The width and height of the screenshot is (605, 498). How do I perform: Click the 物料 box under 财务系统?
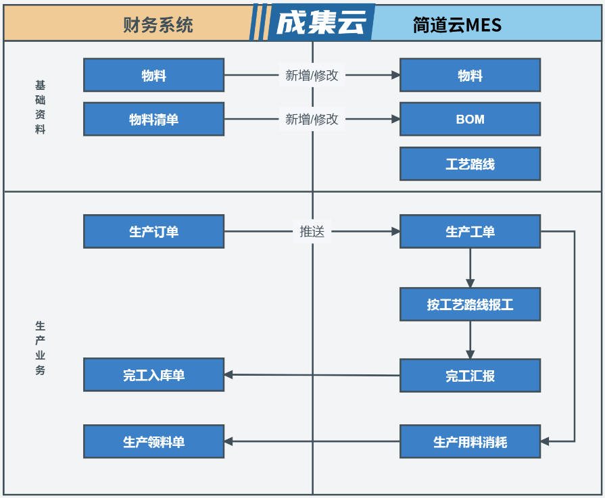[x=153, y=75]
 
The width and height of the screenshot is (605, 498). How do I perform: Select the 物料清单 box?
[x=153, y=119]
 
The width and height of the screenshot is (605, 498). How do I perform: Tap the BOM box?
[x=470, y=119]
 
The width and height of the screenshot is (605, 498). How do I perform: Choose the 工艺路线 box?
[x=470, y=164]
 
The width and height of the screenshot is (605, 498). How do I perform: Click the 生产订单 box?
[x=153, y=231]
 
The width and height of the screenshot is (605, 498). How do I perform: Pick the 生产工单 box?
[x=470, y=231]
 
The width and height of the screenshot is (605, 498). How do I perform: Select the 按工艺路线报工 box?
[x=470, y=304]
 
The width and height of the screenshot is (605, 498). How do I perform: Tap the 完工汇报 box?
[x=470, y=375]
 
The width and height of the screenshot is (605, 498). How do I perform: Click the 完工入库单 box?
[x=153, y=374]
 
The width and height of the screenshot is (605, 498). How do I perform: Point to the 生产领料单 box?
[x=153, y=441]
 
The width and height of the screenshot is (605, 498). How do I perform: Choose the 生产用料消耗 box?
[x=470, y=441]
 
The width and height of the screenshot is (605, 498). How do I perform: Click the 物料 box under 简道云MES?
[x=470, y=75]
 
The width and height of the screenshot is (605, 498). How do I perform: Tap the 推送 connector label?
[x=312, y=232]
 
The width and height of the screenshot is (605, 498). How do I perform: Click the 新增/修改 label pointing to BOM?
[x=312, y=119]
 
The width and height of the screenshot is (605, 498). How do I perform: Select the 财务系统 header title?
[x=158, y=25]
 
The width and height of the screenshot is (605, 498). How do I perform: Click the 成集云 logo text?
[x=321, y=22]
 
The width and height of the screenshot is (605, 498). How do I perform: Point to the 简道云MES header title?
[x=457, y=25]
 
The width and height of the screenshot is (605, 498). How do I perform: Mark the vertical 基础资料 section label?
[x=40, y=107]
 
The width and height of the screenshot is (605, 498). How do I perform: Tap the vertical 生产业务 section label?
[x=40, y=348]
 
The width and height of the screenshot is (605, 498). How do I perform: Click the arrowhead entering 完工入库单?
[x=228, y=374]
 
